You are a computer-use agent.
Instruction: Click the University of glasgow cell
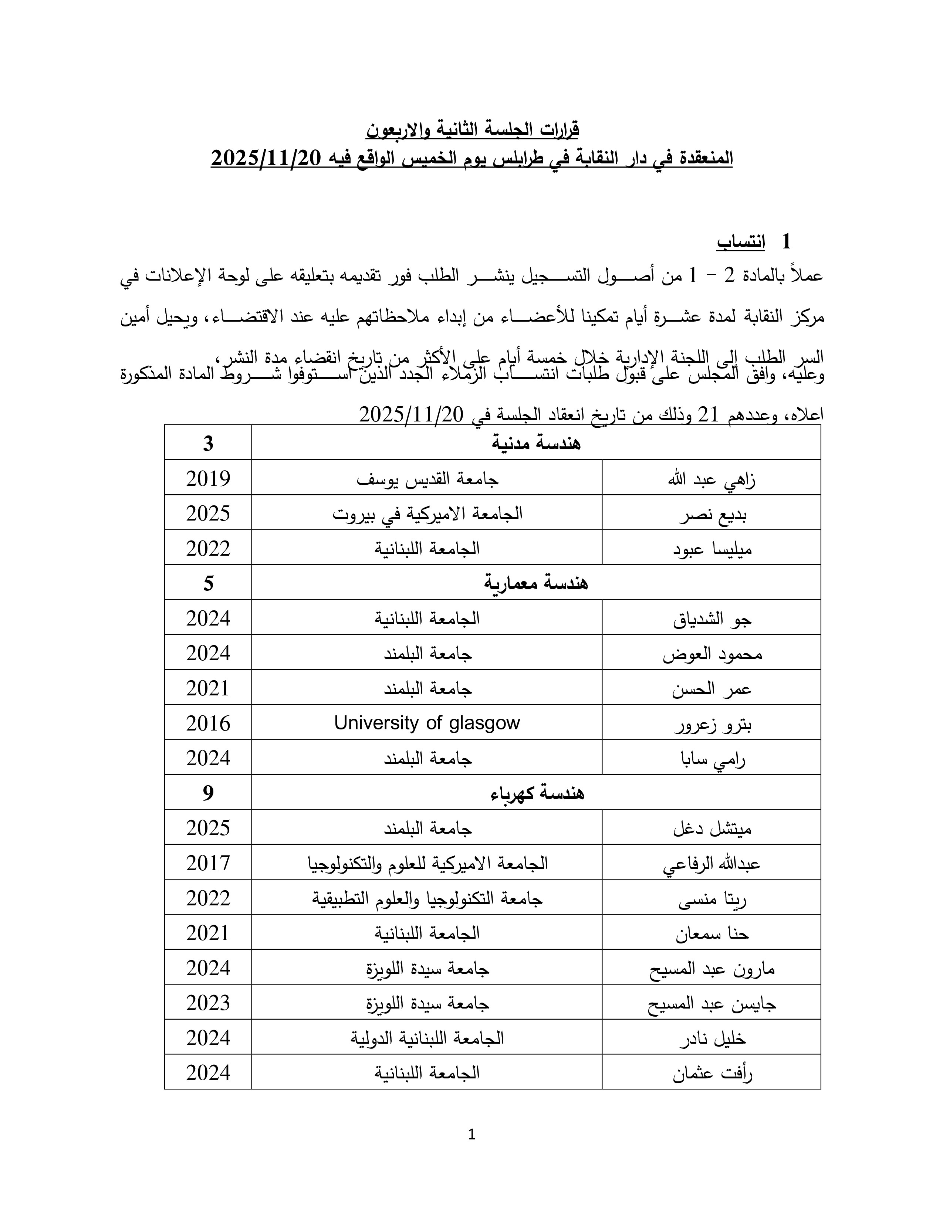click(427, 723)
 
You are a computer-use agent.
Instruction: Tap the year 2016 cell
click(208, 723)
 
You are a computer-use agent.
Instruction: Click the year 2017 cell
click(208, 863)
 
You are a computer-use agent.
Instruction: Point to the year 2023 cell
click(208, 1003)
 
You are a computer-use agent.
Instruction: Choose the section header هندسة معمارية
click(536, 583)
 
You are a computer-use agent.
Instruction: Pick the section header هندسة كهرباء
click(536, 793)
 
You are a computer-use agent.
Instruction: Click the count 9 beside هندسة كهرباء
click(208, 793)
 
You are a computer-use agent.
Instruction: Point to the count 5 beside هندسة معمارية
click(208, 583)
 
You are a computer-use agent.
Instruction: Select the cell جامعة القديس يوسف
click(427, 479)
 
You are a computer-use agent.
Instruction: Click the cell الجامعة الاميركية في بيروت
click(427, 514)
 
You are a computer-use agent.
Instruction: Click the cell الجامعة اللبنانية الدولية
click(427, 1038)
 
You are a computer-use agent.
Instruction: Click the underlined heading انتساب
click(741, 242)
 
